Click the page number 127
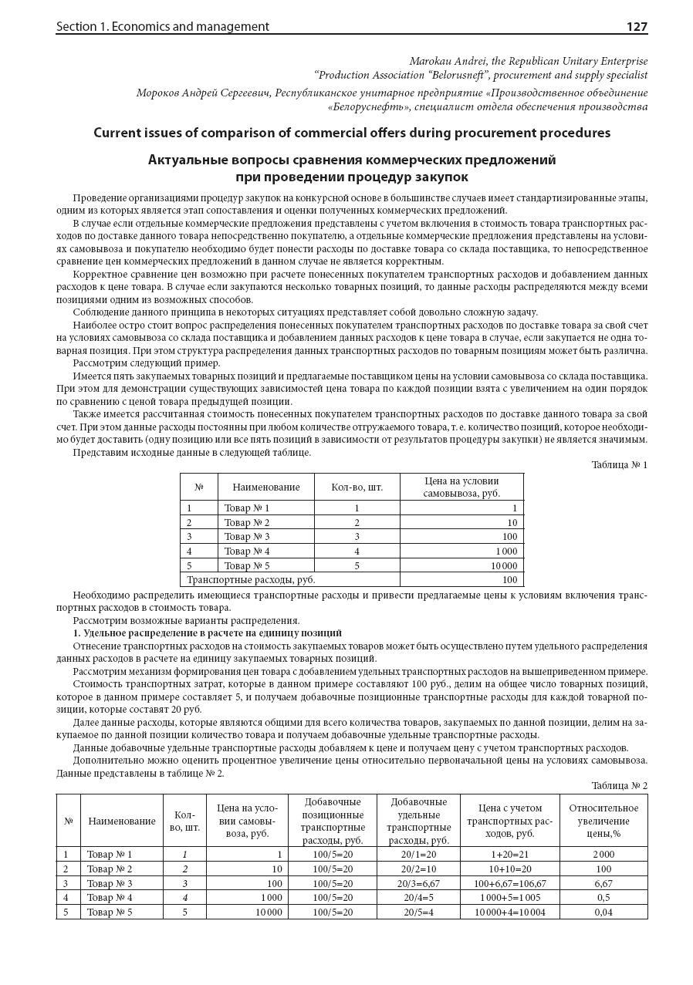click(636, 26)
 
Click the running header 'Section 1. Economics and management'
click(162, 26)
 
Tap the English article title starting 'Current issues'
click(351, 133)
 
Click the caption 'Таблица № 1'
click(619, 464)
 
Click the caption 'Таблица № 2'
click(619, 785)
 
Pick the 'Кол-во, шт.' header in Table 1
click(357, 487)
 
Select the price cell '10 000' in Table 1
click(501, 565)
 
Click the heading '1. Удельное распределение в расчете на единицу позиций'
click(208, 632)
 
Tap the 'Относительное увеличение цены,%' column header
click(603, 821)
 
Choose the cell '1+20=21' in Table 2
click(509, 855)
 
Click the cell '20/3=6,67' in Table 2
click(418, 883)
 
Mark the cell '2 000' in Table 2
click(603, 855)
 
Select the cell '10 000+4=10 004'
click(509, 912)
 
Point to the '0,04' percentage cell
click(603, 912)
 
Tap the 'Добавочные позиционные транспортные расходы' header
click(332, 821)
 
